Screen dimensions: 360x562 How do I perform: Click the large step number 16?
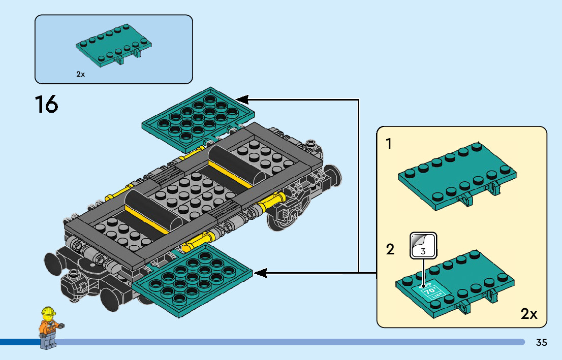pyautogui.click(x=46, y=105)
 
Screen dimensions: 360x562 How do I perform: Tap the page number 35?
pyautogui.click(x=541, y=343)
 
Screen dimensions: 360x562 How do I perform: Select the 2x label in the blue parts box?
pyautogui.click(x=80, y=74)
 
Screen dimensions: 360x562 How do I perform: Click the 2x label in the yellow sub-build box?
pyautogui.click(x=529, y=314)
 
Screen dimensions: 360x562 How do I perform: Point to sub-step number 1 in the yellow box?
pyautogui.click(x=389, y=144)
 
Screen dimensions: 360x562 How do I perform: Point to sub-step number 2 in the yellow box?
pyautogui.click(x=390, y=249)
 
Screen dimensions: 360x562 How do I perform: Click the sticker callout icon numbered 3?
pyautogui.click(x=423, y=246)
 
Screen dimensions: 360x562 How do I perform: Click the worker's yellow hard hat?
pyautogui.click(x=48, y=311)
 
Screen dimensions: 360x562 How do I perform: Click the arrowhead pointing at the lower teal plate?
pyautogui.click(x=260, y=274)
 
